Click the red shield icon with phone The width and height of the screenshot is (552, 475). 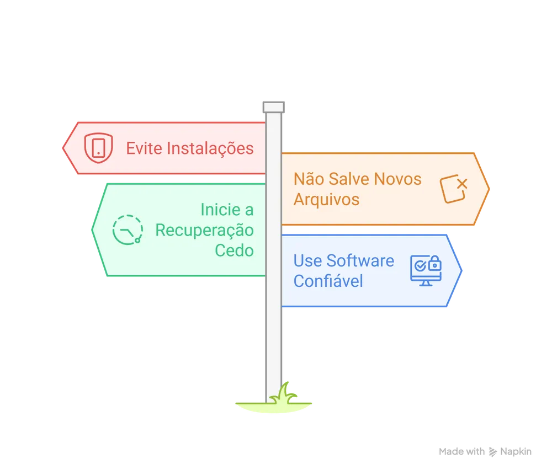[98, 148]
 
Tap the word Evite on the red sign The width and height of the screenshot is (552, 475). [144, 148]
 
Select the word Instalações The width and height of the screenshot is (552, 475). [210, 149]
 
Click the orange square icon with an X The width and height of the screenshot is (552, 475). [454, 189]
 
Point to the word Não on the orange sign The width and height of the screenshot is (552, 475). [308, 179]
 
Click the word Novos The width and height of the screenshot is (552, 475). [398, 179]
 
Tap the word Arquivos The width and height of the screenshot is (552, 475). [326, 199]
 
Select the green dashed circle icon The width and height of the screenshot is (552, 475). [128, 229]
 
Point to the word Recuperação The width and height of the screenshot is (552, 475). [204, 230]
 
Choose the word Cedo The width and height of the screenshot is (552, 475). [234, 250]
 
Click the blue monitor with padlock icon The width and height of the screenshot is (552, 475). [426, 270]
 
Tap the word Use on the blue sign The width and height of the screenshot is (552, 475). [306, 260]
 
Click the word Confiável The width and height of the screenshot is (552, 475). [328, 281]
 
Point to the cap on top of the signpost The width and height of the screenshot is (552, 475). [273, 105]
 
